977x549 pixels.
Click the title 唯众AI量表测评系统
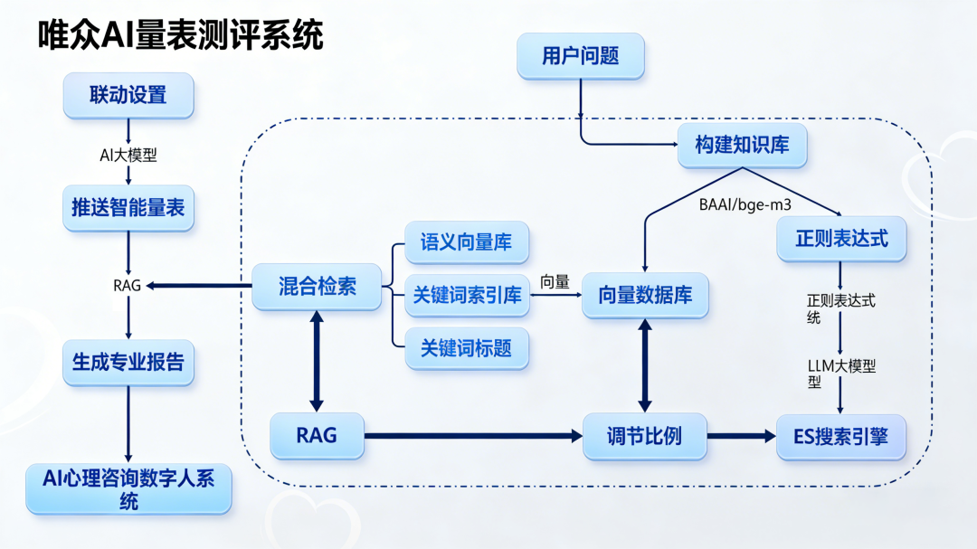pyautogui.click(x=180, y=35)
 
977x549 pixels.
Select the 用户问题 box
pyautogui.click(x=580, y=56)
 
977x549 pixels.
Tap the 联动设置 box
pyautogui.click(x=128, y=95)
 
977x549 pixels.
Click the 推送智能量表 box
pyautogui.click(x=128, y=207)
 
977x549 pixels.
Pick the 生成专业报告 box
pyautogui.click(x=128, y=362)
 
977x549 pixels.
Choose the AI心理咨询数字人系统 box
pyautogui.click(x=128, y=489)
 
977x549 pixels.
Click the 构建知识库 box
pyautogui.click(x=742, y=144)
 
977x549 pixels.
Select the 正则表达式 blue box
pyautogui.click(x=841, y=239)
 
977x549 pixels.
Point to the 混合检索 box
pyautogui.click(x=317, y=287)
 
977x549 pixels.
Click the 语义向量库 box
pyautogui.click(x=466, y=242)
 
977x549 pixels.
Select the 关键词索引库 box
pyautogui.click(x=467, y=295)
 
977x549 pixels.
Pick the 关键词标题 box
pyautogui.click(x=466, y=347)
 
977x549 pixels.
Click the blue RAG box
pyautogui.click(x=317, y=435)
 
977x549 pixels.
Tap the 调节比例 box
pyautogui.click(x=644, y=436)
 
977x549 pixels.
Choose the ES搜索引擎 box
pyautogui.click(x=840, y=437)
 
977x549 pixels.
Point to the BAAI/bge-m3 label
pyautogui.click(x=745, y=204)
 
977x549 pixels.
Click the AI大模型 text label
pyautogui.click(x=128, y=155)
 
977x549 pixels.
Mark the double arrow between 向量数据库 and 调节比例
pyautogui.click(x=644, y=364)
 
